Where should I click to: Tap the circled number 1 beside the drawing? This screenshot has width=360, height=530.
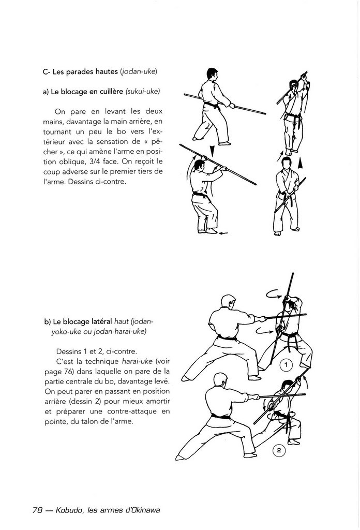(286, 366)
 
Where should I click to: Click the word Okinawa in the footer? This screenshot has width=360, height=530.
(142, 509)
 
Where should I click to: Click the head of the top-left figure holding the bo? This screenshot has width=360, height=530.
(213, 73)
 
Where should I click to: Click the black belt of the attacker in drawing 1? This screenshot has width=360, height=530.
(226, 337)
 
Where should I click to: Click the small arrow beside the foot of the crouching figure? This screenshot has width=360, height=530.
(223, 234)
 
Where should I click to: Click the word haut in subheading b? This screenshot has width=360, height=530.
(122, 321)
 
